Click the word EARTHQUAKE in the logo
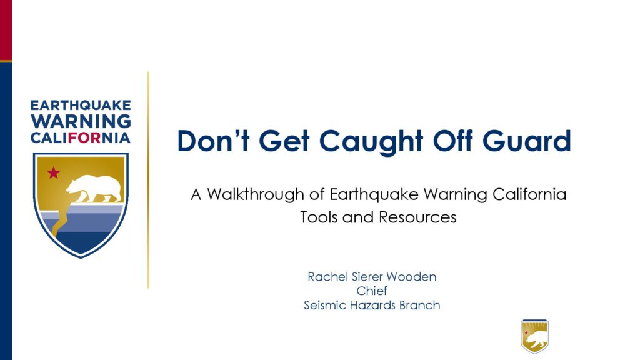click(x=81, y=105)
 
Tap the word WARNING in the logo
click(x=81, y=121)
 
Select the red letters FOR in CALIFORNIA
click(x=84, y=137)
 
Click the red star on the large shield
click(x=54, y=172)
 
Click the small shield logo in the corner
click(x=535, y=336)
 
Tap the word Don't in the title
click(x=213, y=141)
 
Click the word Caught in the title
click(x=371, y=142)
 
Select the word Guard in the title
click(x=526, y=141)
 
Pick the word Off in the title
click(x=452, y=141)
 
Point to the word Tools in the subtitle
click(x=319, y=217)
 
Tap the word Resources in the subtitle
click(x=417, y=217)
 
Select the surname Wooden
click(x=411, y=277)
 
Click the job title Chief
click(x=372, y=291)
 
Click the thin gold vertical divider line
click(x=148, y=180)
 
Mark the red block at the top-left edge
click(x=6, y=30)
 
